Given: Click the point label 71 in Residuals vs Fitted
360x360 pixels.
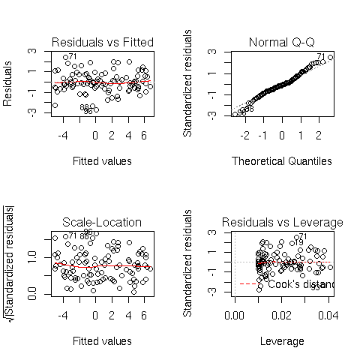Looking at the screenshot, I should click(73, 56).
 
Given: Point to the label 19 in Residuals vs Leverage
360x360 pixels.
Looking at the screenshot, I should click(298, 242).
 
